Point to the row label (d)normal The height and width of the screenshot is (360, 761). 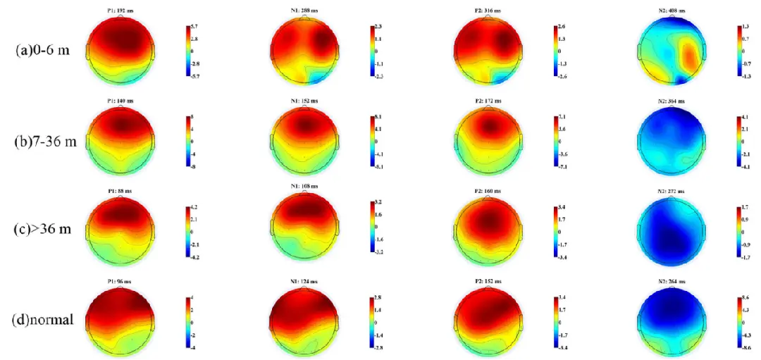point(44,319)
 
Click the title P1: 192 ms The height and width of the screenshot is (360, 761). point(115,11)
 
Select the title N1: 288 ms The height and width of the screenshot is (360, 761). point(304,11)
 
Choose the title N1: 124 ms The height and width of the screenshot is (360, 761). point(304,282)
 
